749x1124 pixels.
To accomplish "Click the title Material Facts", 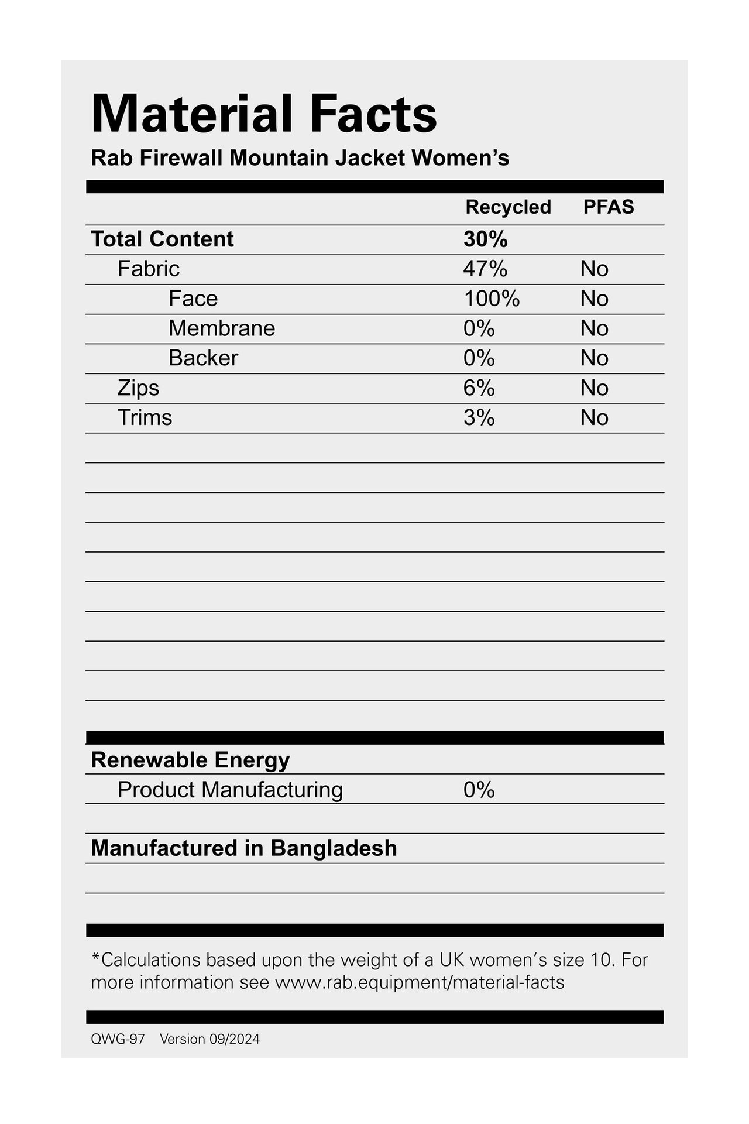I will [x=264, y=114].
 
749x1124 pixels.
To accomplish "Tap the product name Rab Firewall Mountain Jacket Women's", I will [x=300, y=158].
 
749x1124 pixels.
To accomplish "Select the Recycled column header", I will [x=508, y=207].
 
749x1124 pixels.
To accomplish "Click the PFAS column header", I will [x=609, y=207].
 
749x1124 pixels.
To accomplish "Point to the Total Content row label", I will [x=162, y=239].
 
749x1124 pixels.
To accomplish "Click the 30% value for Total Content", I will [x=485, y=239].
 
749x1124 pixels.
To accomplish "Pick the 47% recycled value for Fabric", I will [x=485, y=269].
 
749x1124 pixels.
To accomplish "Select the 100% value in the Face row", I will [x=492, y=299].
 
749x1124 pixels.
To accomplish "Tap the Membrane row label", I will [x=222, y=328].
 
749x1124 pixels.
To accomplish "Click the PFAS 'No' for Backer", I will [x=595, y=358].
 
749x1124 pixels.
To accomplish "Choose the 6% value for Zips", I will [x=479, y=388].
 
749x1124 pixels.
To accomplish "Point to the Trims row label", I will [x=145, y=418].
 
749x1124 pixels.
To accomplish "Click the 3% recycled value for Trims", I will [x=479, y=418].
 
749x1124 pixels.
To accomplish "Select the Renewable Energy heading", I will [x=190, y=760].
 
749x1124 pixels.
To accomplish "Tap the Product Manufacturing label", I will [x=230, y=790].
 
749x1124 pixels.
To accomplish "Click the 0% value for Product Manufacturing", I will [x=479, y=790].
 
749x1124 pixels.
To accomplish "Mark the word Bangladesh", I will [x=334, y=849].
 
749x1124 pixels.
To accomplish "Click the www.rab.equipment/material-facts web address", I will [x=420, y=982].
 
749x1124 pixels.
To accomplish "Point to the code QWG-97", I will [x=118, y=1039].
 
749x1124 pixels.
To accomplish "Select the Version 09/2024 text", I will [x=209, y=1039].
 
